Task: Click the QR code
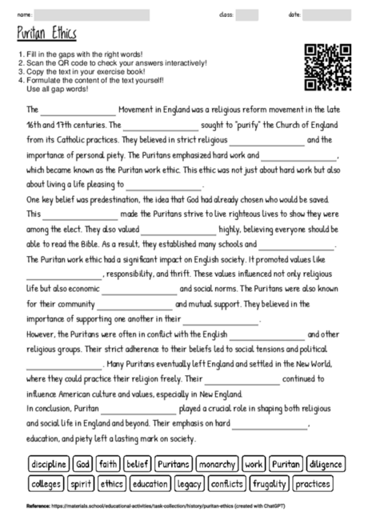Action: click(328, 66)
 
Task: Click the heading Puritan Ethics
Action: click(46, 34)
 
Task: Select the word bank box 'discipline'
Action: click(48, 464)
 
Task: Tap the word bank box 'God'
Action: click(83, 464)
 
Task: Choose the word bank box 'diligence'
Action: click(326, 464)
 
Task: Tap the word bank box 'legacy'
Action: click(190, 484)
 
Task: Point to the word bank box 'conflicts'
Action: click(229, 484)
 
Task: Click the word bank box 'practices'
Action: click(312, 484)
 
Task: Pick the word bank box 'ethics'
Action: click(111, 484)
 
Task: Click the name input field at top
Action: click(92, 14)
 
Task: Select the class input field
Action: click(247, 14)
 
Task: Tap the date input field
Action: click(328, 14)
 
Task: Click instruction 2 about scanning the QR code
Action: click(112, 62)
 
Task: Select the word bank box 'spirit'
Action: click(81, 484)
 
